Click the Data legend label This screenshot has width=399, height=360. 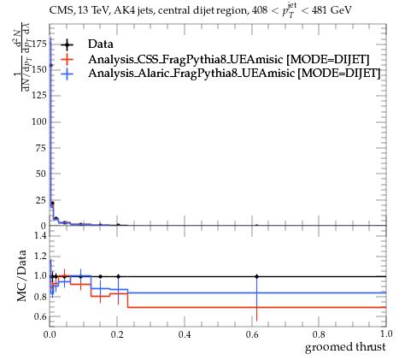coord(101,44)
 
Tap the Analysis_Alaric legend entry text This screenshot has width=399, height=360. coord(234,73)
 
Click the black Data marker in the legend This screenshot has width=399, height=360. coord(67,44)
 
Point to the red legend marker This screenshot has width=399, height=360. coord(67,59)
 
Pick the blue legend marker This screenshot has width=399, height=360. coord(67,74)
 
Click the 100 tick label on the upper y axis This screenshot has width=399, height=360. coord(39,122)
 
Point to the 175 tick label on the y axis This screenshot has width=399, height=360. coord(39,44)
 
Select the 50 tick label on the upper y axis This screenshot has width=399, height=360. coord(41,174)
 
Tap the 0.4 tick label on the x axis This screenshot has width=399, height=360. coord(185,334)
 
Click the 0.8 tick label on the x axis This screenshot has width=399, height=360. coord(319,334)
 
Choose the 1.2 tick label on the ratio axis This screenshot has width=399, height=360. coord(40,256)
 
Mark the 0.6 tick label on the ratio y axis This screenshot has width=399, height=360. coord(40,316)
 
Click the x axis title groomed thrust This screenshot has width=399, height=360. coord(345,347)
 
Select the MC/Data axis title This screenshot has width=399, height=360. coord(21,276)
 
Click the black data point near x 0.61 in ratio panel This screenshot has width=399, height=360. coord(257,276)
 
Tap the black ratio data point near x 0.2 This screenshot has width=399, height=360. coord(118,276)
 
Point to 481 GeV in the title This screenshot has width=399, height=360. coord(332,10)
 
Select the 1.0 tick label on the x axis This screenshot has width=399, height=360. coord(386,334)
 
